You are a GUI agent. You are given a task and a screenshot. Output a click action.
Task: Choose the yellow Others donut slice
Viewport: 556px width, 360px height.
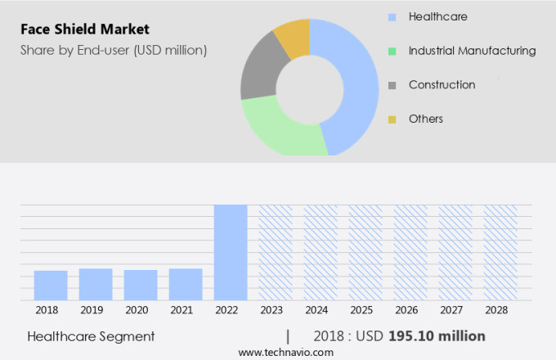293,36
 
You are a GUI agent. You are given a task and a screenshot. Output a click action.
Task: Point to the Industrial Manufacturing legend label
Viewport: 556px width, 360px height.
472,51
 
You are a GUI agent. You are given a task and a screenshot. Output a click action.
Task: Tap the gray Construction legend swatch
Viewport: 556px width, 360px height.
392,85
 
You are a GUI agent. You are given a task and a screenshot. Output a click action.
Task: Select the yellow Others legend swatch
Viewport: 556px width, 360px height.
392,119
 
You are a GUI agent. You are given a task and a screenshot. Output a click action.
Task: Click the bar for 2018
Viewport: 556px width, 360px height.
51,285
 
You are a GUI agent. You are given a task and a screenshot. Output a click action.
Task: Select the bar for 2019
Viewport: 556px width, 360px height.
96,284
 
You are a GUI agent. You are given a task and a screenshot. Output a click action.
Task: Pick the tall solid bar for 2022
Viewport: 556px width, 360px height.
231,252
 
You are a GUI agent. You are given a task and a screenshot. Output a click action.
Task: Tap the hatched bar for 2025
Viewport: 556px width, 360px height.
365,252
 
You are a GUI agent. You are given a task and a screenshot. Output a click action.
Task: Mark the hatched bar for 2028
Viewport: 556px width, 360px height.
500,252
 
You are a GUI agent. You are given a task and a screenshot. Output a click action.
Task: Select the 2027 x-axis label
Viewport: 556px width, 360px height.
455,311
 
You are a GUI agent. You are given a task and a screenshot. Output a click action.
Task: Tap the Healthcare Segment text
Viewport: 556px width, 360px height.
91,336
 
